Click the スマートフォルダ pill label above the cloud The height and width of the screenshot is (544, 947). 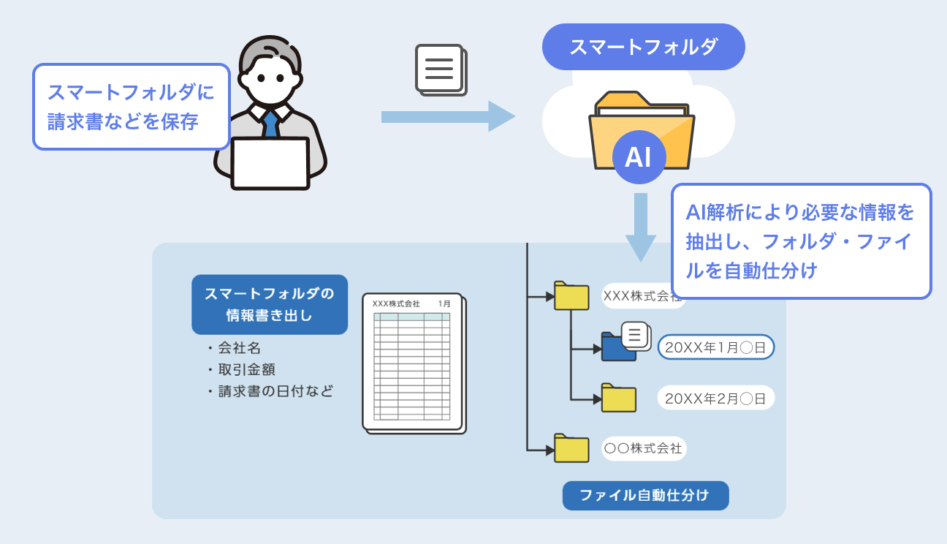643,47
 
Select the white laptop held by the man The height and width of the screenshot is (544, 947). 270,163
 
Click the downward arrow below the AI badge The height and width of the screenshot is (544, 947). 641,226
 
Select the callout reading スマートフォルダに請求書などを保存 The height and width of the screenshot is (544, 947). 132,107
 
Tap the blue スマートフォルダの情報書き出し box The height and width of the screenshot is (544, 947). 269,304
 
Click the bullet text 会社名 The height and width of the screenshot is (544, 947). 239,348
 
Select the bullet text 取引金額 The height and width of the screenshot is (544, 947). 246,369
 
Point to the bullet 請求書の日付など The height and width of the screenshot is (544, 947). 275,391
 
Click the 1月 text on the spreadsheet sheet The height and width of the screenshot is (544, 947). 444,303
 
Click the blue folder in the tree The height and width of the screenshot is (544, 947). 617,347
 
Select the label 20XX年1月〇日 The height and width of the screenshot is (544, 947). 715,348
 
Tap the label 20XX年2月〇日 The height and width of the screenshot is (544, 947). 715,398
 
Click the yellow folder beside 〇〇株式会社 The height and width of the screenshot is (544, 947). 571,448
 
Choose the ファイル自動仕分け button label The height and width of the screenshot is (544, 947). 645,495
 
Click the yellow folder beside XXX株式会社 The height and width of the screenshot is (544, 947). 571,296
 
